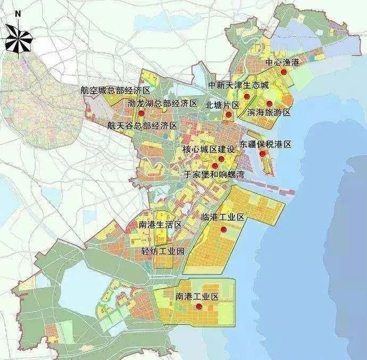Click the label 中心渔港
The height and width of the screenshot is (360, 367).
point(283,63)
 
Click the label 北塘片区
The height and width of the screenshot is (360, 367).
point(222,105)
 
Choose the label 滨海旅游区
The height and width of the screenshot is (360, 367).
point(270,113)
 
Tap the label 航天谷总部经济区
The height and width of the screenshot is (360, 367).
point(141,125)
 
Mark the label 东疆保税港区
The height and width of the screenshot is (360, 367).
point(266,144)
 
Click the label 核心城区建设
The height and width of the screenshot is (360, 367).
point(208,150)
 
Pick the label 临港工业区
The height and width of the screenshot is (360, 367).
point(223,217)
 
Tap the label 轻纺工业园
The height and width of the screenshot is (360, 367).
point(163,251)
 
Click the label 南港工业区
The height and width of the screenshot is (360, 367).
point(197,296)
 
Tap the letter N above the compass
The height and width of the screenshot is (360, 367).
point(18,13)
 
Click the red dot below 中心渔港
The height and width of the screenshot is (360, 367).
point(284,72)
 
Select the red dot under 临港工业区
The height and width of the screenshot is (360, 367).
point(224,229)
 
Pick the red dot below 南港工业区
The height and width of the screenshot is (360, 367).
point(198,307)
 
